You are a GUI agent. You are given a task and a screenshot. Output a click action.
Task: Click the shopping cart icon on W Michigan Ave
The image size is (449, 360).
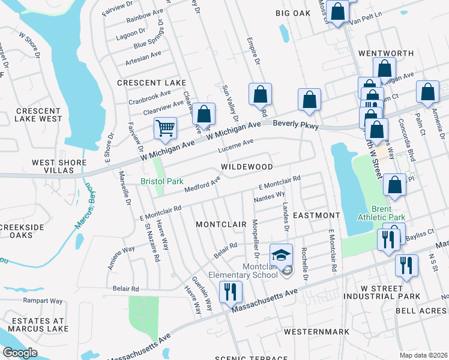click(x=165, y=128)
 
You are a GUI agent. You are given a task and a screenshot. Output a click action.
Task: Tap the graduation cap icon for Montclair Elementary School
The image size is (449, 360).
click(x=281, y=255)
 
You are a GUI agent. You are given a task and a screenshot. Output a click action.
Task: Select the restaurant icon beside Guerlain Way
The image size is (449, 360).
click(x=231, y=292)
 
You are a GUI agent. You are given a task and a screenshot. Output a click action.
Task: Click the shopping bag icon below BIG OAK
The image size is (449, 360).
click(x=338, y=11)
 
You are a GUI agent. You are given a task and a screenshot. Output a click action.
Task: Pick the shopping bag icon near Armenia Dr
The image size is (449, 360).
click(x=427, y=92)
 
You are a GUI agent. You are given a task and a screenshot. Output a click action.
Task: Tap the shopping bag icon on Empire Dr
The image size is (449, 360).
click(x=260, y=94)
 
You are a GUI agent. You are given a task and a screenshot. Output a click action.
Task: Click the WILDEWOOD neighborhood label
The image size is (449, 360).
click(x=247, y=166)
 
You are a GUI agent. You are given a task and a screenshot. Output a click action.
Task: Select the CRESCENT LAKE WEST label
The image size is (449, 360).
click(x=38, y=115)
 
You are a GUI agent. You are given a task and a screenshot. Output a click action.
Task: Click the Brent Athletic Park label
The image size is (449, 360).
click(x=381, y=213)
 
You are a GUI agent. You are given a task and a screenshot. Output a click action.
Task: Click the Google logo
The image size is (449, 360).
click(x=20, y=353)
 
